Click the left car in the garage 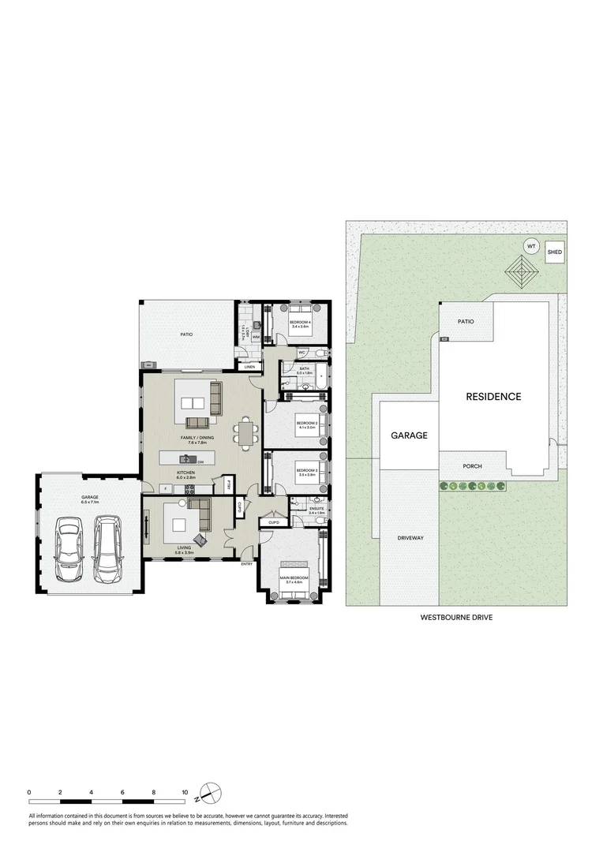pyautogui.click(x=69, y=549)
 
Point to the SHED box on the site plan pyautogui.click(x=555, y=252)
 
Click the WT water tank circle pyautogui.click(x=531, y=246)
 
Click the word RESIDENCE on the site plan pyautogui.click(x=493, y=397)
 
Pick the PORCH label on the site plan pyautogui.click(x=472, y=466)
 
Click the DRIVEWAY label pyautogui.click(x=410, y=538)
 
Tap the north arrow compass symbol pyautogui.click(x=208, y=791)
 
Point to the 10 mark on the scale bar pyautogui.click(x=185, y=791)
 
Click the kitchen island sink pyautogui.click(x=190, y=460)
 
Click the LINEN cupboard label pyautogui.click(x=249, y=368)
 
